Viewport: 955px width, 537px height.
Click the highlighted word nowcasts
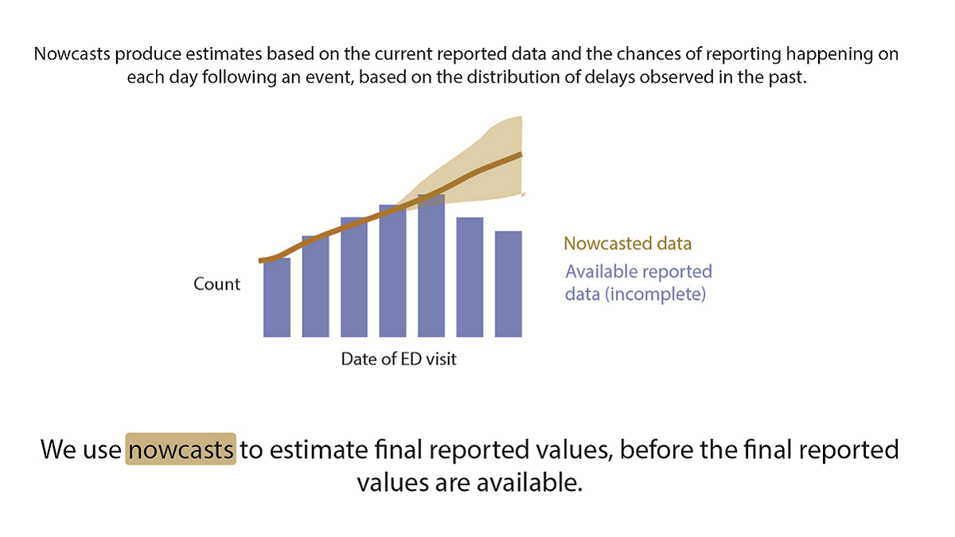(x=181, y=449)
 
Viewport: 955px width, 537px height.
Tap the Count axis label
(x=216, y=284)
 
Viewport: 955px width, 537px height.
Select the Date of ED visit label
(x=399, y=359)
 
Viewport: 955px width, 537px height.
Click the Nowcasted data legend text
(x=627, y=243)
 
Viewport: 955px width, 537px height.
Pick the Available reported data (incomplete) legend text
(x=638, y=282)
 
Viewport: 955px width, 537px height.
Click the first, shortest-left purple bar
(x=276, y=298)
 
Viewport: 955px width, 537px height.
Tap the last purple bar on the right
(x=508, y=284)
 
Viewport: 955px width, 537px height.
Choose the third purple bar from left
(x=353, y=278)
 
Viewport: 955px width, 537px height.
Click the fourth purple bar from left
(x=392, y=272)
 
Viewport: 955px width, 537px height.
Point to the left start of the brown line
(x=262, y=260)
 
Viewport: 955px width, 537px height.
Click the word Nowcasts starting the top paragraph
(x=72, y=56)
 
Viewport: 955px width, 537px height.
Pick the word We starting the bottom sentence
(x=57, y=449)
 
